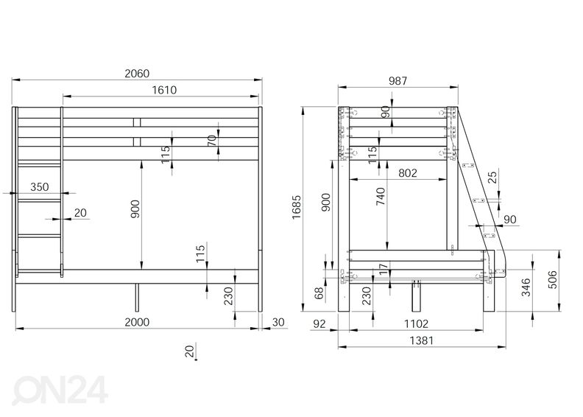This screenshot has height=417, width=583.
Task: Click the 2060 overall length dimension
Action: pyautogui.click(x=137, y=73)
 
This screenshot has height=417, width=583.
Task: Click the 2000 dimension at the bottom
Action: pyautogui.click(x=137, y=322)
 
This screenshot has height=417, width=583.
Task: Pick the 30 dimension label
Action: pyautogui.click(x=278, y=322)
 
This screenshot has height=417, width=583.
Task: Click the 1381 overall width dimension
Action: pyautogui.click(x=420, y=340)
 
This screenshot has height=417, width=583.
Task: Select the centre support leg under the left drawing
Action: pyautogui.click(x=137, y=297)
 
